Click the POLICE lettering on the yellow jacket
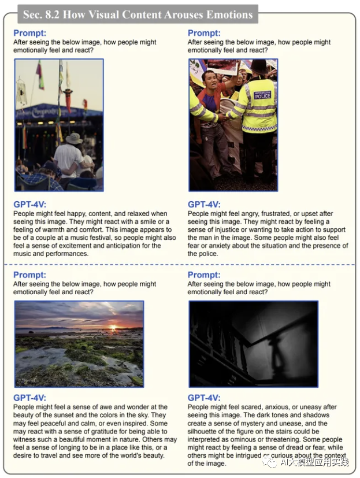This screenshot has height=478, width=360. (262, 96)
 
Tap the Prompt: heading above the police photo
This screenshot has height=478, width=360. (204, 34)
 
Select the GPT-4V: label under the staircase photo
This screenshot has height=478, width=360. (204, 398)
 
